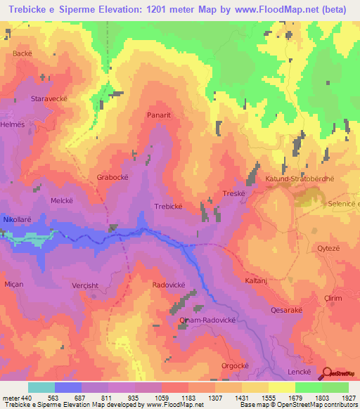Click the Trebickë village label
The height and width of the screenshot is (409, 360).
coord(168,207)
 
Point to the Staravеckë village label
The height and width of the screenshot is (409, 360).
coord(49,99)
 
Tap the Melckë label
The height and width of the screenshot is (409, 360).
coord(63,200)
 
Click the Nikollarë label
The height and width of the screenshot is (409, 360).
coord(18,220)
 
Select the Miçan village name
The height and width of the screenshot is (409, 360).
coord(13,284)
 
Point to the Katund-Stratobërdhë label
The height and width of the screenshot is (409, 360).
coord(298,179)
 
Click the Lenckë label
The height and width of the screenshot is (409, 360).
coord(299,370)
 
